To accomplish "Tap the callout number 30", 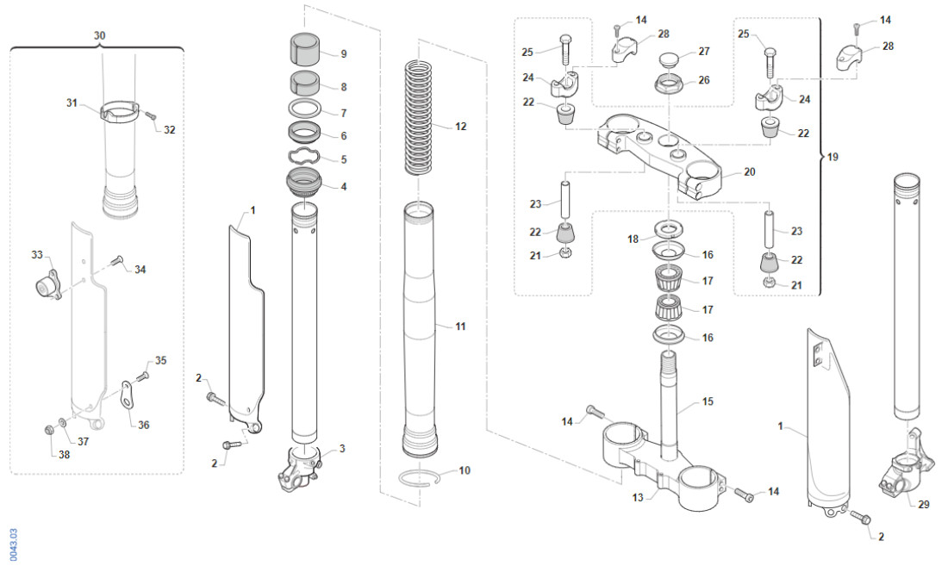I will pos(99,35).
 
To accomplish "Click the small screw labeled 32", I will pos(149,115).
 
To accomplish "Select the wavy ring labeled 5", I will pos(305,157).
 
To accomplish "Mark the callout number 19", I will pos(833,158).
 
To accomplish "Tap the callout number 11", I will pos(460,326).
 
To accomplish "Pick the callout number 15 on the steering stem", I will pos(708,401).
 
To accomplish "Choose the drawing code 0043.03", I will pos(12,544).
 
